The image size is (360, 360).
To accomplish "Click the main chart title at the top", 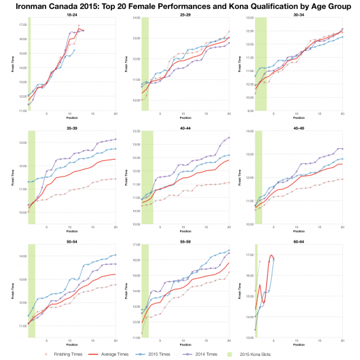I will coord(180,5).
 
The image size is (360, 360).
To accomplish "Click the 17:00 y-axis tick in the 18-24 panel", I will coord(21,24).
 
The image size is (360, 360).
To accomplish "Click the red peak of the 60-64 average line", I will coord(272,255).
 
